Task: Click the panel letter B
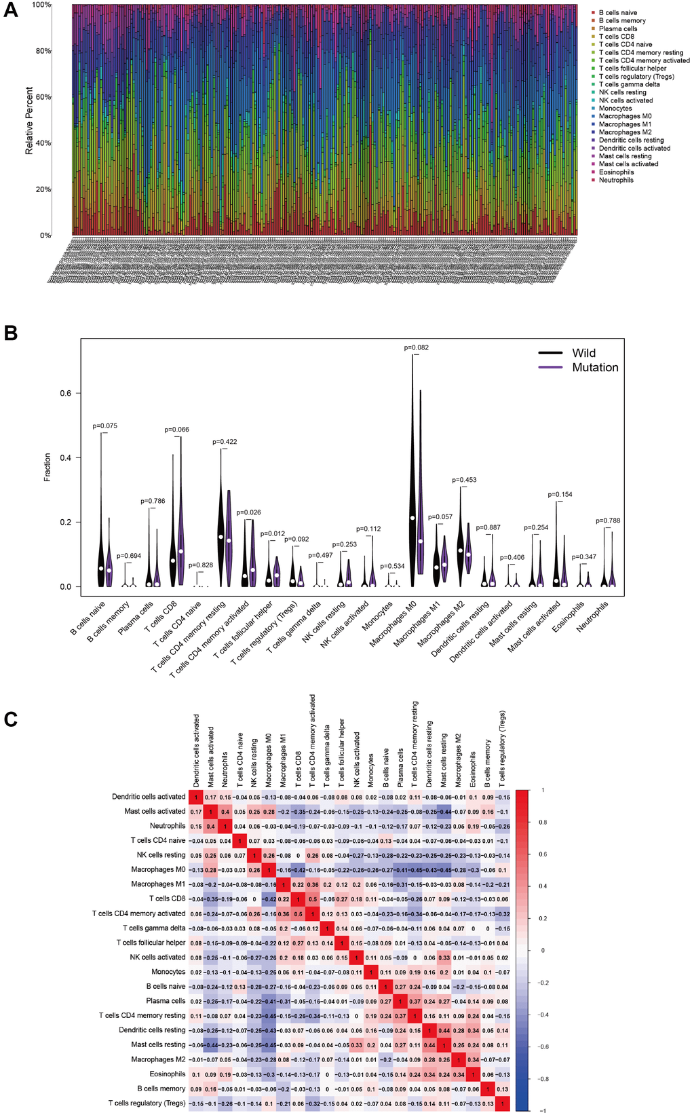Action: coord(11,333)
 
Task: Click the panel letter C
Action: coord(11,719)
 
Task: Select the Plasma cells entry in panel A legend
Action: coord(617,29)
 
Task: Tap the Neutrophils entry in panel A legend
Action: coord(616,180)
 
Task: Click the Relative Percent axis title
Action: coord(29,120)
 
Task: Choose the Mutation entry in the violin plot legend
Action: coord(595,367)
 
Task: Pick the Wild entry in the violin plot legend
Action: coord(583,353)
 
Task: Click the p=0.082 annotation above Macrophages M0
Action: coord(417,347)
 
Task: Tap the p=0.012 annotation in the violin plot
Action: coord(273,533)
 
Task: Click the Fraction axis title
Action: coord(47,467)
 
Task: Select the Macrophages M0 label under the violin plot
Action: coord(393,623)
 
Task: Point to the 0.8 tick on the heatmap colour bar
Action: coord(543,822)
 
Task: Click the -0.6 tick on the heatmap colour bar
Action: coord(543,1046)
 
